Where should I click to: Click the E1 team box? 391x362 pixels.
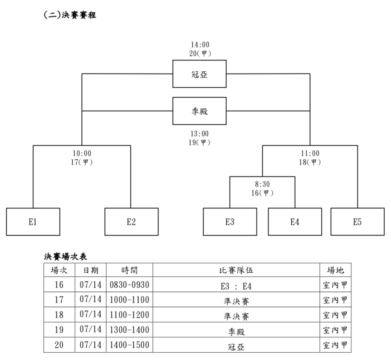point(33,222)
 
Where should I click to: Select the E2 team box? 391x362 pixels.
point(131,222)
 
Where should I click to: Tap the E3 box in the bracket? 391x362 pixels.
point(230,222)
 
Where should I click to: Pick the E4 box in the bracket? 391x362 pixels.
point(295,222)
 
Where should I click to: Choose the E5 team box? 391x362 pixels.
point(358,222)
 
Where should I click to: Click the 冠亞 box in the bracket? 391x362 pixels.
point(199,74)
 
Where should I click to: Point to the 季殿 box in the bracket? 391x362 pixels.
point(199,111)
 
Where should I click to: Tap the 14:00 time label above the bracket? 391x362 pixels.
point(200,45)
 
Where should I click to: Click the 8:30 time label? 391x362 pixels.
point(262,184)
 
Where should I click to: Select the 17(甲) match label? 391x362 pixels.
point(82,162)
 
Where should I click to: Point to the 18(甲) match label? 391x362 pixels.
point(310,162)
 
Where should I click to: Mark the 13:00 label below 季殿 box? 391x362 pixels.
point(199,134)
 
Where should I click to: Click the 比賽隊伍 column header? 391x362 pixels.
point(236,270)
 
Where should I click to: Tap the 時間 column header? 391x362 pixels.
point(129,270)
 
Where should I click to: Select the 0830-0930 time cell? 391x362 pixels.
point(129,285)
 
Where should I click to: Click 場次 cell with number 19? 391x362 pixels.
point(59,330)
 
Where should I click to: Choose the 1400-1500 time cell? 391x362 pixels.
point(129,345)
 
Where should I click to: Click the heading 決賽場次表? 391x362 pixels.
point(65,257)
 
